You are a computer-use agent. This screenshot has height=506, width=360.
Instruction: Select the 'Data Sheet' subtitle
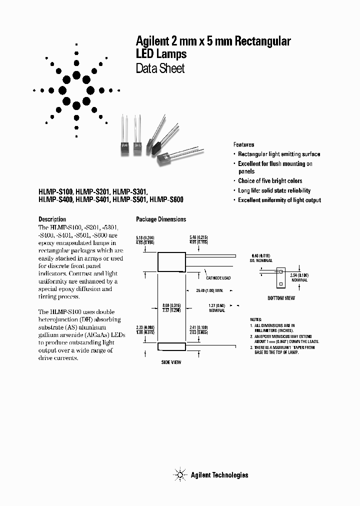pyautogui.click(x=160, y=68)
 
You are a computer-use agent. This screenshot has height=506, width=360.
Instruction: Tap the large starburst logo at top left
pyautogui.click(x=76, y=90)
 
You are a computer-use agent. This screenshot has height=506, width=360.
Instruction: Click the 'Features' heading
pyautogui.click(x=243, y=144)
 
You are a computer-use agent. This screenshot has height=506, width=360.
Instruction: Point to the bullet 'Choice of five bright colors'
pyautogui.click(x=270, y=181)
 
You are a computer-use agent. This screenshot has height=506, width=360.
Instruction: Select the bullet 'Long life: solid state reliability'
pyautogui.click(x=274, y=190)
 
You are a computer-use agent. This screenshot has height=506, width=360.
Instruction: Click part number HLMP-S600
pyautogui.click(x=166, y=199)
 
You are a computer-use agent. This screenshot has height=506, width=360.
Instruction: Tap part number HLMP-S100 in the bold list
pyautogui.click(x=56, y=191)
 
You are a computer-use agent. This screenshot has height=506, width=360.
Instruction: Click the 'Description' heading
pyautogui.click(x=52, y=219)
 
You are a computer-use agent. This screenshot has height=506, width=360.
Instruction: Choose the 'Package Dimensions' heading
pyautogui.click(x=161, y=219)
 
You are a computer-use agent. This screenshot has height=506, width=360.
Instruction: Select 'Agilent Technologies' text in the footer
pyautogui.click(x=219, y=475)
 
